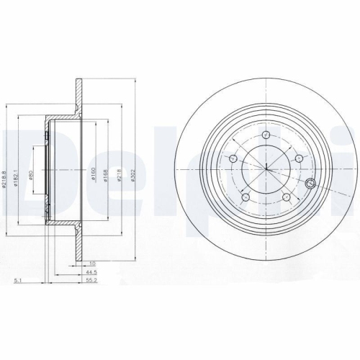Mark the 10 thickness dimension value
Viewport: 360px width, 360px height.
[x=92, y=263]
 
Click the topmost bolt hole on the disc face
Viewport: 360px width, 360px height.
[x=266, y=135]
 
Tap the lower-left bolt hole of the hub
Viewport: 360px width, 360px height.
[x=246, y=197]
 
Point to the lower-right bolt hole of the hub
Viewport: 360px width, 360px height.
[x=286, y=197]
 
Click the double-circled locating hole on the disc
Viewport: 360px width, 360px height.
[x=311, y=182]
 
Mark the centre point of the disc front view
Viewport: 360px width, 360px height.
[x=266, y=169]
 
